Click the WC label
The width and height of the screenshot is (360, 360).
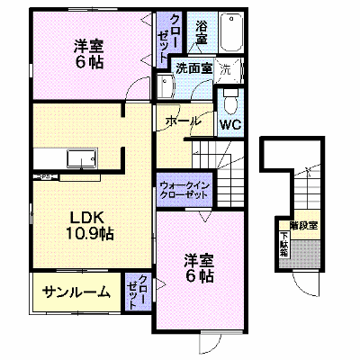[x=230, y=124]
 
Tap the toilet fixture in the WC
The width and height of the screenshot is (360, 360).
[x=230, y=102]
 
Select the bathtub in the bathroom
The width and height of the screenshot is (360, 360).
[x=231, y=32]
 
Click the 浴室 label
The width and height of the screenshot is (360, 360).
[x=202, y=32]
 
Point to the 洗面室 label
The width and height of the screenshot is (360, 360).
[x=194, y=68]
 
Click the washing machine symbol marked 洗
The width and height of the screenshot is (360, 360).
[x=228, y=70]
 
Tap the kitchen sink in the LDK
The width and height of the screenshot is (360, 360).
[x=82, y=158]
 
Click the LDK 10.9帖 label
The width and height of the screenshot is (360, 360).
[x=87, y=225]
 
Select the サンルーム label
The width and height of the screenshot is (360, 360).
[x=76, y=292]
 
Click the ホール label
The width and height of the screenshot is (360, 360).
[x=183, y=121]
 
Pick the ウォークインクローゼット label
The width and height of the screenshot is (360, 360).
[x=184, y=190]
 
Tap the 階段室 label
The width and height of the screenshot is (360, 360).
[x=303, y=225]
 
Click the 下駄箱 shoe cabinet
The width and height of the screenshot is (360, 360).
[x=284, y=245]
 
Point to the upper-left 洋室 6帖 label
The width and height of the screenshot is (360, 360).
[x=88, y=55]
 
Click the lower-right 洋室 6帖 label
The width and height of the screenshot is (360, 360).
[x=199, y=269]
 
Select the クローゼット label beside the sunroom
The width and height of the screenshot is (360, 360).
[x=137, y=292]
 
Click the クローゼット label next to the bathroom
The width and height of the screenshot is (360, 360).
[x=167, y=38]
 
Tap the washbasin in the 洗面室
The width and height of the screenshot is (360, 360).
[x=165, y=86]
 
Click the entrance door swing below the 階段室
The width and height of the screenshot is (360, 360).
[x=305, y=283]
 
